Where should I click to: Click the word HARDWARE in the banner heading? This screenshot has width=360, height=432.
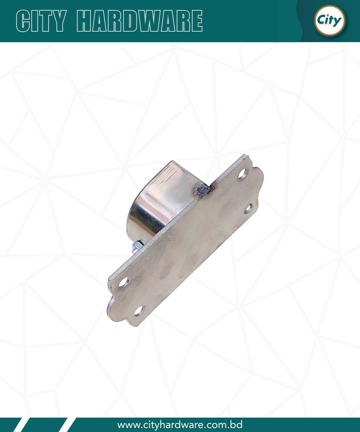pos(140,21)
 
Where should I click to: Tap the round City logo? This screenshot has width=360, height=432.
pos(330,21)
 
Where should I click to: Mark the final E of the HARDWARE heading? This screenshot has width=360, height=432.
pos(196,21)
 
